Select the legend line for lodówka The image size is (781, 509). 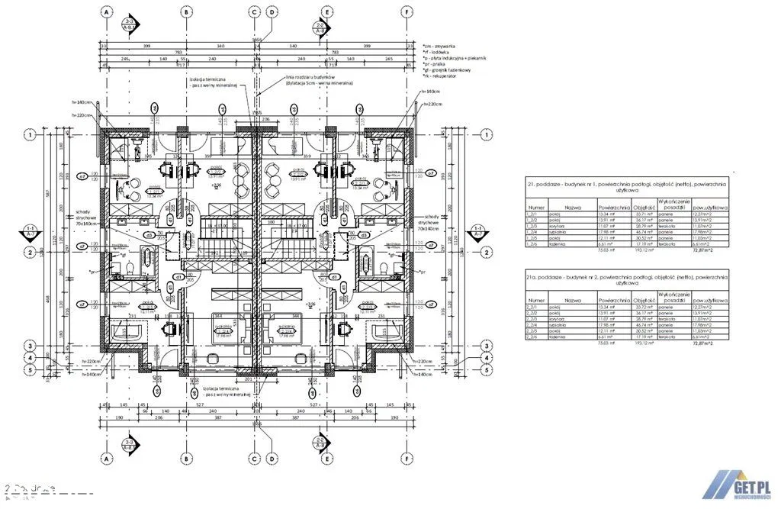coord(435,52)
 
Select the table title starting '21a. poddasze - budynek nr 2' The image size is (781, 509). coord(626,276)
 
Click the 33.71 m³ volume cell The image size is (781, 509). coord(645,215)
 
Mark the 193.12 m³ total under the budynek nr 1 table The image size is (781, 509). coord(645,250)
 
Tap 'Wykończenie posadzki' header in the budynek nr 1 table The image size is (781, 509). coord(679,206)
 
